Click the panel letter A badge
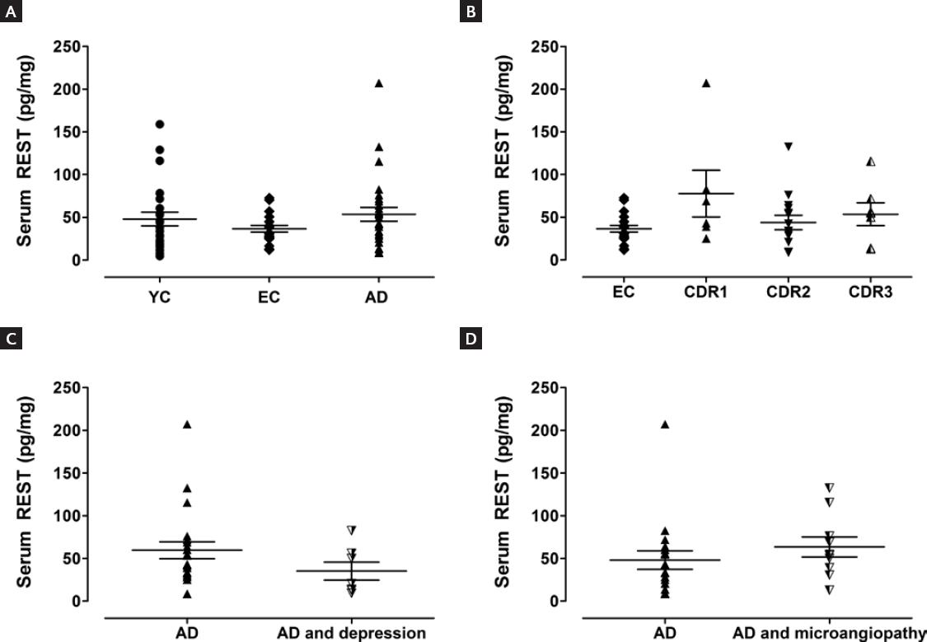pos(10,12)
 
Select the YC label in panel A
pos(161,298)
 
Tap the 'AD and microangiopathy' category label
pos(829,633)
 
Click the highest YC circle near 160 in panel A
pos(160,124)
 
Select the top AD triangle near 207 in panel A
pos(379,83)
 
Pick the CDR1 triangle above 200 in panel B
pos(706,83)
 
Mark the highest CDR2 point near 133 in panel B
pos(788,147)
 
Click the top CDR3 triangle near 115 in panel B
pos(870,162)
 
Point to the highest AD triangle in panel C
pos(187,424)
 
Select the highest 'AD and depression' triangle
pos(351,530)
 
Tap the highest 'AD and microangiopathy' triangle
pos(829,488)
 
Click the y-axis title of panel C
pos(26,494)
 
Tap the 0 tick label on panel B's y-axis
pos(559,260)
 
